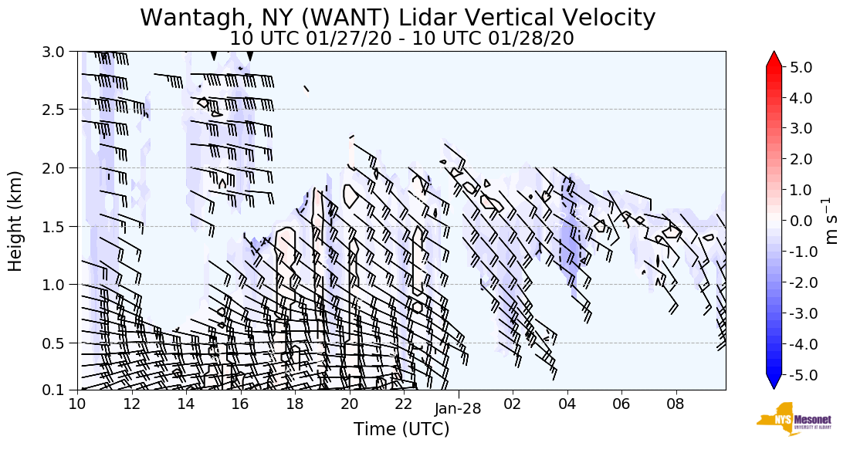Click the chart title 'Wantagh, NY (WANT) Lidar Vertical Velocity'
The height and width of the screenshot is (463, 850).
coord(398,17)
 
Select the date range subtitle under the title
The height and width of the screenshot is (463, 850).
coord(401,38)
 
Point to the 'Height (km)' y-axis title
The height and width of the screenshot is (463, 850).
coord(15,220)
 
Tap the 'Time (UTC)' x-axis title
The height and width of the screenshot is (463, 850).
coord(401,429)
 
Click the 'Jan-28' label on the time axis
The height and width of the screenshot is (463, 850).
coord(459,409)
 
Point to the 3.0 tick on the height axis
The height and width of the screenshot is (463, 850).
coord(60,52)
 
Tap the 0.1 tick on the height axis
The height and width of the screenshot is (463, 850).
coord(60,390)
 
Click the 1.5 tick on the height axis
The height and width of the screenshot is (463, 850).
coord(60,226)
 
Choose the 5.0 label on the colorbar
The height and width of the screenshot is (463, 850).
coord(800,67)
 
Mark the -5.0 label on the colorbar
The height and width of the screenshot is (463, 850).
coord(798,375)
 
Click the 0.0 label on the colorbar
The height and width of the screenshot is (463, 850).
coord(800,221)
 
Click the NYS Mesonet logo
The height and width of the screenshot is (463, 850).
coord(789,419)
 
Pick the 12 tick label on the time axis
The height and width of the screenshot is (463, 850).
coord(131,403)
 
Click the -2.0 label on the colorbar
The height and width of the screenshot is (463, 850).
coord(798,282)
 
